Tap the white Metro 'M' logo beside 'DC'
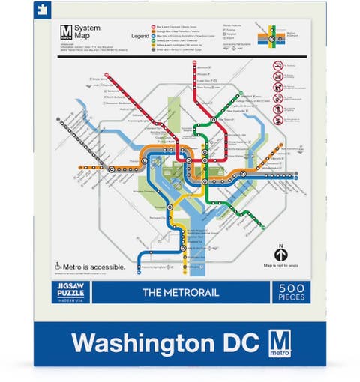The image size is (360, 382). pos(278,341)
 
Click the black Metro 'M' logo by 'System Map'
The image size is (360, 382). pos(65,32)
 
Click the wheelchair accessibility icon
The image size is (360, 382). pos(58,264)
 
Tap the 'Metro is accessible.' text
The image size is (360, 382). pos(94,264)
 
